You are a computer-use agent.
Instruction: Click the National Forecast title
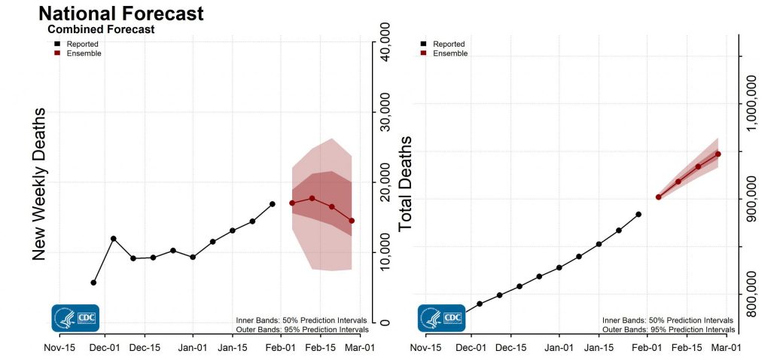[120, 14]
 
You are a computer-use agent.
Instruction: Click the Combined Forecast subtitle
[101, 30]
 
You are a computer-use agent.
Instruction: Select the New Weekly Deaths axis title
[39, 185]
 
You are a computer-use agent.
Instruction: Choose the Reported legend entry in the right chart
[449, 44]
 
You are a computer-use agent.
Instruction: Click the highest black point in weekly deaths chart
[273, 204]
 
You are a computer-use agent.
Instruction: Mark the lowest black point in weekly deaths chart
[93, 282]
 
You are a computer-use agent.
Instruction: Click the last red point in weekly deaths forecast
[352, 221]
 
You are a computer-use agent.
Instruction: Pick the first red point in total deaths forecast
[658, 197]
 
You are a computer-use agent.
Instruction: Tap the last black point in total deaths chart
[638, 215]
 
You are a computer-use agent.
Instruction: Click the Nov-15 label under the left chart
[59, 349]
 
